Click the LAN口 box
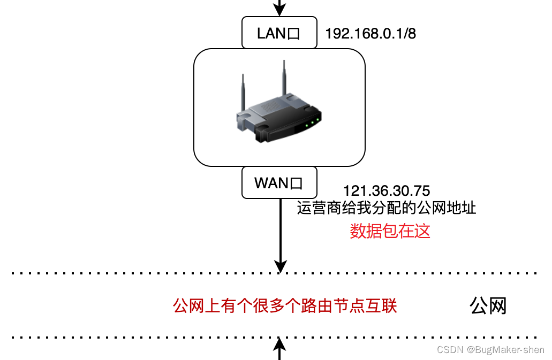tap(279, 33)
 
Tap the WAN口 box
tap(279, 182)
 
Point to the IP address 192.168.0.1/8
tap(370, 34)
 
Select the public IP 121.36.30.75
tap(387, 191)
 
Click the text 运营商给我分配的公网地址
tap(387, 208)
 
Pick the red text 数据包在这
tap(390, 231)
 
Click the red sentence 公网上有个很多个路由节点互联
tap(285, 306)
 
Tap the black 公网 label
tap(488, 306)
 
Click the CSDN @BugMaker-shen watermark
tap(490, 350)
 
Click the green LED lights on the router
tap(313, 121)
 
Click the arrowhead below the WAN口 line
tap(280, 266)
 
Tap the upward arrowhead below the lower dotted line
tap(279, 342)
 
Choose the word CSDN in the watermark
tap(450, 350)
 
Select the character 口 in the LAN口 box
tap(294, 34)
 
